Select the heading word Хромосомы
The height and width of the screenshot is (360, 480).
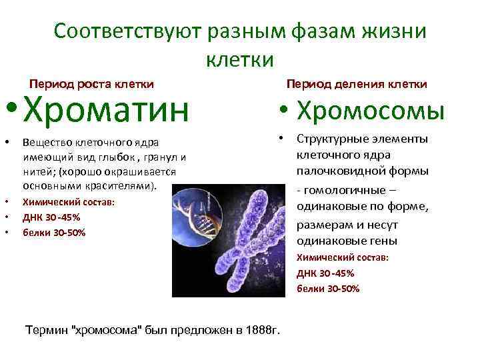tap(369, 111)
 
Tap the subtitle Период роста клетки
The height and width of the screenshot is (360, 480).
tap(92, 84)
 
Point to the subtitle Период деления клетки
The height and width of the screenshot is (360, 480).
tap(357, 84)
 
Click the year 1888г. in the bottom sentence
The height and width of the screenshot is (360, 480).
tap(263, 329)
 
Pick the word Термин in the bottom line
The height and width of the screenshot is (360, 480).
tap(45, 329)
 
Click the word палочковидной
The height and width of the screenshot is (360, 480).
tap(331, 171)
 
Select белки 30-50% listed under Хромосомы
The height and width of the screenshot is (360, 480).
tap(328, 289)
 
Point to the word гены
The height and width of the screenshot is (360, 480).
tap(384, 241)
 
